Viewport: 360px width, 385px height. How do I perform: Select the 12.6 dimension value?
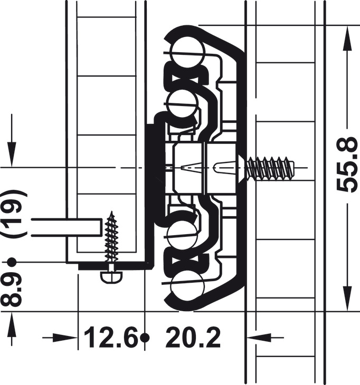[x=110, y=338]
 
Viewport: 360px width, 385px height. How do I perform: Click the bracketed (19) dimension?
[x=13, y=214]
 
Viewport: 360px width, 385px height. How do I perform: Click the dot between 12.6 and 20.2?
[x=145, y=337]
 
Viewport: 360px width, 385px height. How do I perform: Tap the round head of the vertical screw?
[x=111, y=276]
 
